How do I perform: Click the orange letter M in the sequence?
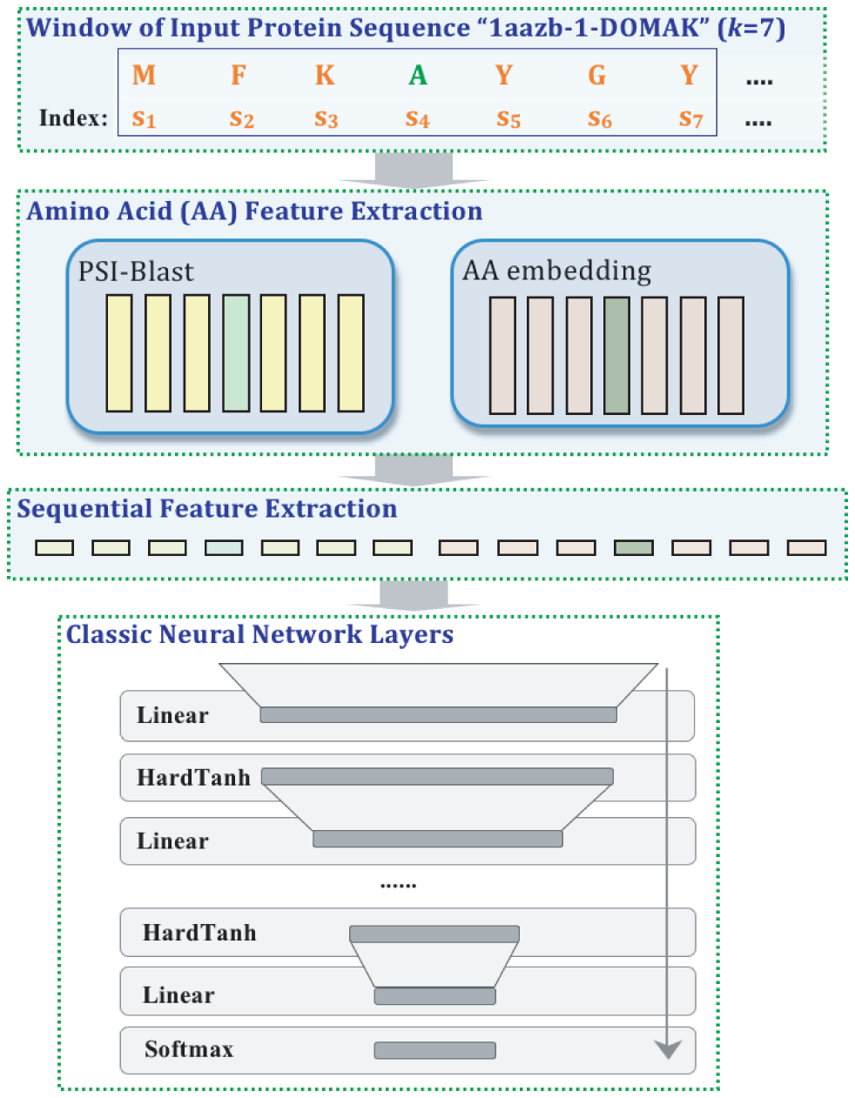tap(144, 76)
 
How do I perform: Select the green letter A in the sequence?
tap(418, 76)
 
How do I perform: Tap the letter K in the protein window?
tap(325, 76)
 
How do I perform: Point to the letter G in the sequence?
tap(596, 76)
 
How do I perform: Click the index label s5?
tap(508, 118)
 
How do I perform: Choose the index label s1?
tap(144, 118)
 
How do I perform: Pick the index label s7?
tap(690, 118)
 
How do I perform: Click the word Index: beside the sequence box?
tap(73, 117)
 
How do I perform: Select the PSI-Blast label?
tap(136, 271)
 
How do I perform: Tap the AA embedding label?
tap(556, 271)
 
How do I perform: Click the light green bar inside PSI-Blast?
tap(236, 352)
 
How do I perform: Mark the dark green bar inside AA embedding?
tap(616, 355)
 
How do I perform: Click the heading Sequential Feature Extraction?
tap(207, 509)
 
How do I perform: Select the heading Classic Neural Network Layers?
tap(259, 634)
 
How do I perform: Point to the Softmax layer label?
tap(189, 1049)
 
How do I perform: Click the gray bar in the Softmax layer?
tap(434, 1050)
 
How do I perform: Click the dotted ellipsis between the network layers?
tap(398, 885)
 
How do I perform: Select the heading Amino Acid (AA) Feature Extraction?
tap(254, 211)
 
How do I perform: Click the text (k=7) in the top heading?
tap(751, 28)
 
